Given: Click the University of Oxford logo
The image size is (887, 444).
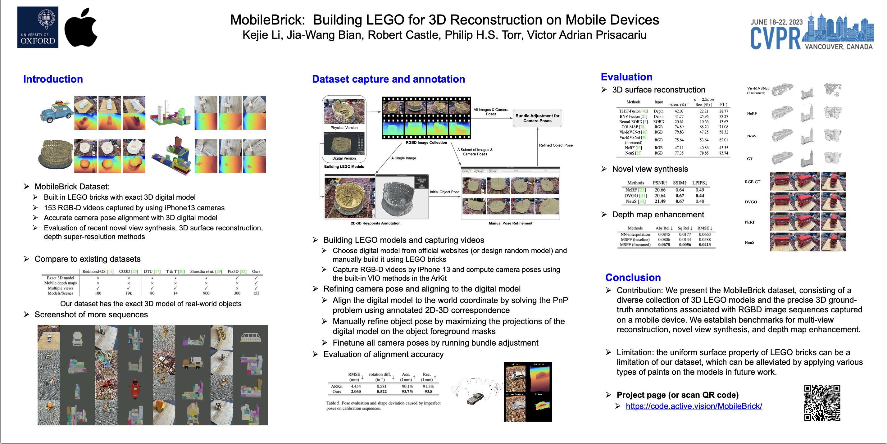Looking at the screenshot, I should click(38, 27).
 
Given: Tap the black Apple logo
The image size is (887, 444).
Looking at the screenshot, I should click(81, 28).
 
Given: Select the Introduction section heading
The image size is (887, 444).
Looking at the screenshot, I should click(53, 79).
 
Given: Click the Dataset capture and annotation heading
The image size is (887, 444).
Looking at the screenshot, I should click(389, 79).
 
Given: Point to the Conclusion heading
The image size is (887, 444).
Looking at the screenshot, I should click(633, 277).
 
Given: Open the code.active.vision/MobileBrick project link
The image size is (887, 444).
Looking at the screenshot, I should click(694, 406).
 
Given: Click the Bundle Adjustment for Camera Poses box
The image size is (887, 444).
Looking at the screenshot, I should click(537, 118).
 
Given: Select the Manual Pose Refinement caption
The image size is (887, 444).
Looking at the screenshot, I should click(510, 223).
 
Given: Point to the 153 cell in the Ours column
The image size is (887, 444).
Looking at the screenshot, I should click(256, 293).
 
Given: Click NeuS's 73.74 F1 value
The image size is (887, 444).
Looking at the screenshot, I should click(723, 153).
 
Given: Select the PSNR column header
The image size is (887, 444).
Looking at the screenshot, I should click(660, 183).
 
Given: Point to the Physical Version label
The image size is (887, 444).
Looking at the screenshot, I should click(344, 128).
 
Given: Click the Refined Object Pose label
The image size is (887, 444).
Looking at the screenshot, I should click(556, 145).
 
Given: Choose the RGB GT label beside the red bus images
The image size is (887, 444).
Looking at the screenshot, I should click(752, 182).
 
